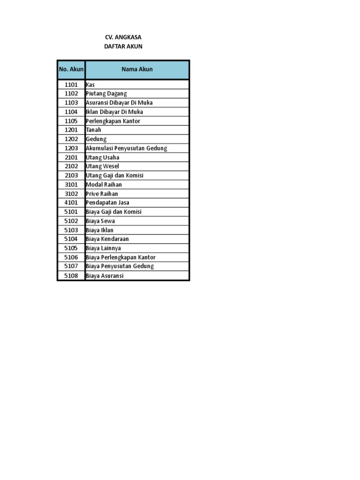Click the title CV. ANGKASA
pyautogui.click(x=123, y=37)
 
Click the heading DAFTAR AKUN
pyautogui.click(x=123, y=46)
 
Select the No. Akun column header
pyautogui.click(x=71, y=69)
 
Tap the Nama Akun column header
pyautogui.click(x=137, y=69)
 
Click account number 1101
pyautogui.click(x=71, y=85)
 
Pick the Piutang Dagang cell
pyautogui.click(x=106, y=94)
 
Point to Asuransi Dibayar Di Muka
pyautogui.click(x=119, y=103)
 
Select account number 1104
pyautogui.click(x=71, y=112)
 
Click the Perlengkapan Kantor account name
pyautogui.click(x=113, y=121)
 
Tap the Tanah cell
pyautogui.click(x=94, y=130)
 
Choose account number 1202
pyautogui.click(x=71, y=139)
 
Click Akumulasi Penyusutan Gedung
pyautogui.click(x=127, y=148)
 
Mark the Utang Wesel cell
pyautogui.click(x=103, y=166)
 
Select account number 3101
pyautogui.click(x=71, y=185)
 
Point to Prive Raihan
pyautogui.click(x=102, y=194)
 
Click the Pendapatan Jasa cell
pyautogui.click(x=108, y=202)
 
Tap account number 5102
pyautogui.click(x=71, y=221)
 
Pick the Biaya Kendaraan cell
pyautogui.click(x=107, y=239)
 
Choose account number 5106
pyautogui.click(x=71, y=257)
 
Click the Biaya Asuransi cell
pyautogui.click(x=105, y=276)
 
